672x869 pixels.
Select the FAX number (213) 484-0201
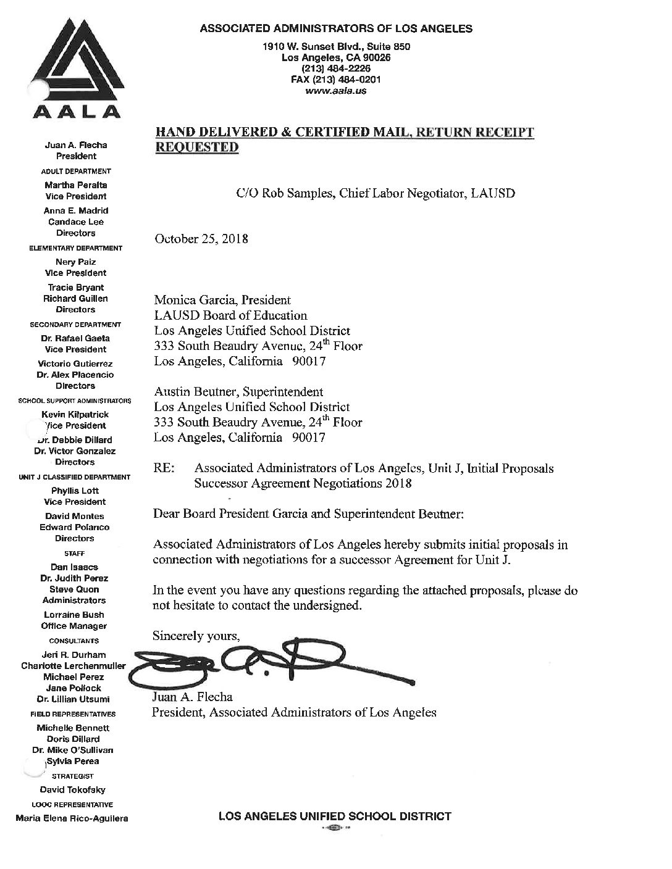[336, 80]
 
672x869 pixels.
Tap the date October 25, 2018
[201, 239]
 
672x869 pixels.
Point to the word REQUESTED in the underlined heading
[196, 147]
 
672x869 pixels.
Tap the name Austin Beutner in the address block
[195, 392]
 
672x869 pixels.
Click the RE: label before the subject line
[163, 468]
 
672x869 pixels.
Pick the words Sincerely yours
[195, 636]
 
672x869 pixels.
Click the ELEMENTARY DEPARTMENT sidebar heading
[76, 248]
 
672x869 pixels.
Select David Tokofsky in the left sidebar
[73, 789]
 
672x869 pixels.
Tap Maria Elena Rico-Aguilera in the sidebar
[72, 818]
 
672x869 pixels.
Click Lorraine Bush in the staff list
[74, 615]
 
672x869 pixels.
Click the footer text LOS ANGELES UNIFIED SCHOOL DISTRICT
[335, 817]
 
